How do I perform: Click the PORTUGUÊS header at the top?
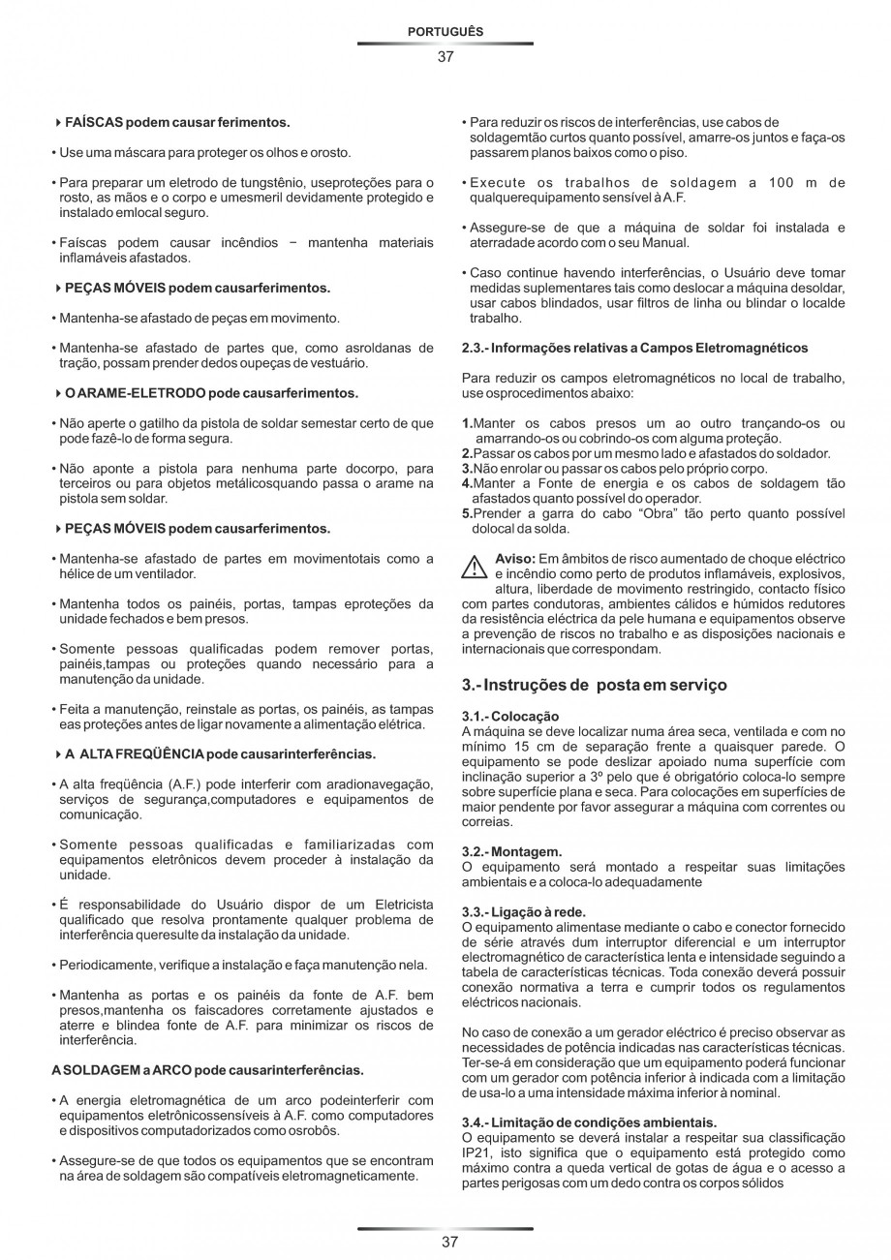tap(445, 32)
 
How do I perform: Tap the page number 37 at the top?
tap(445, 56)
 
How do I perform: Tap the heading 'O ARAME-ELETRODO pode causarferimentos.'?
tap(211, 393)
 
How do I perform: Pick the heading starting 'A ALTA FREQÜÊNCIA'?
tap(221, 753)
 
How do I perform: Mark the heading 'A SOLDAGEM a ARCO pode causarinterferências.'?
tap(207, 1070)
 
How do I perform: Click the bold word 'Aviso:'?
tap(515, 559)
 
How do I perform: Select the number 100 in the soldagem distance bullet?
tap(783, 182)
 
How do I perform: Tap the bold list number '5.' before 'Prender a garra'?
tap(467, 514)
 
